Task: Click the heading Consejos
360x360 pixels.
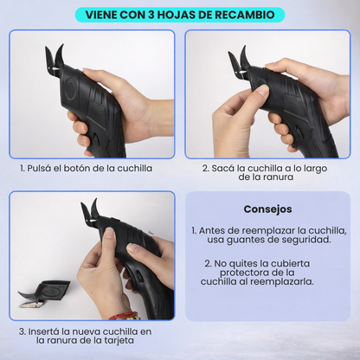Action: point(267,209)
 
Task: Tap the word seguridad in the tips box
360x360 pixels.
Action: point(302,239)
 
